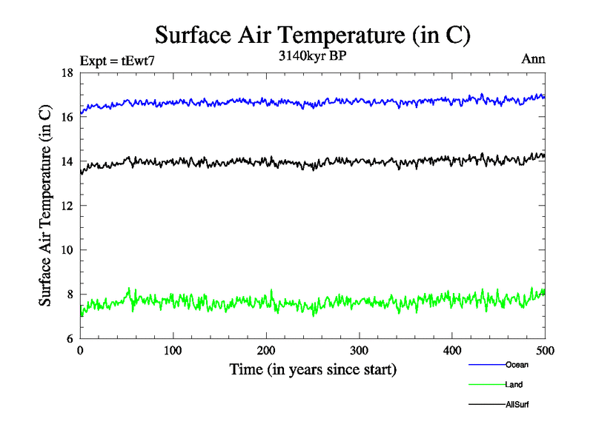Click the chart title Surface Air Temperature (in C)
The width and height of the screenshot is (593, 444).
(x=312, y=35)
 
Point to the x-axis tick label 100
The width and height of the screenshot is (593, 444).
(x=173, y=350)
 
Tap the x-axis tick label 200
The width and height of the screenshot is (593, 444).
(x=266, y=350)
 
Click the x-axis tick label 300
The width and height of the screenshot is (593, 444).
(x=359, y=350)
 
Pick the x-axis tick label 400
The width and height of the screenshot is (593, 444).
(x=452, y=350)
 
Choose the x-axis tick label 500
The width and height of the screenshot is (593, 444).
(x=545, y=350)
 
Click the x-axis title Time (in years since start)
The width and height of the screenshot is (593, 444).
(x=313, y=369)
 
